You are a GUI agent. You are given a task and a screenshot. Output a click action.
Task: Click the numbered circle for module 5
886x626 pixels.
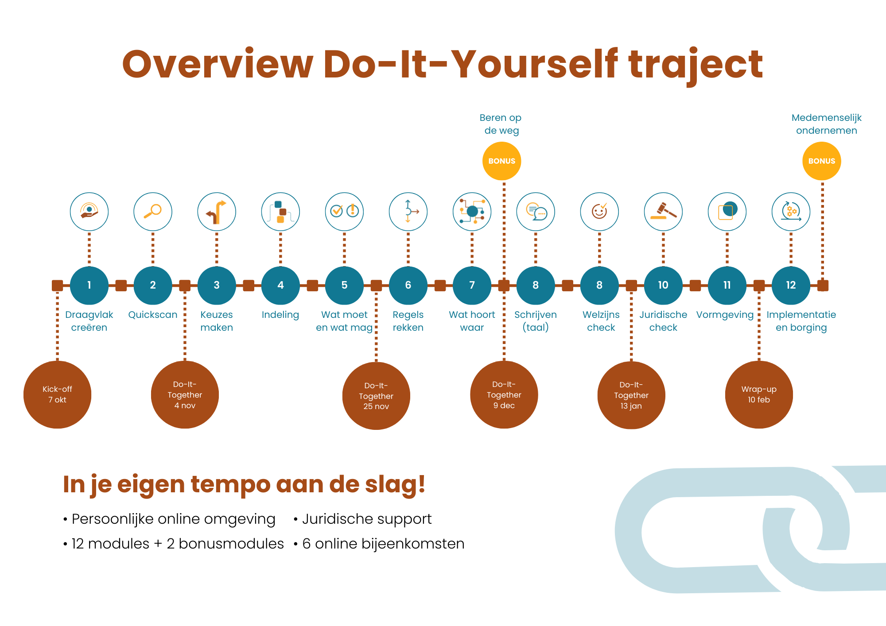[x=344, y=286]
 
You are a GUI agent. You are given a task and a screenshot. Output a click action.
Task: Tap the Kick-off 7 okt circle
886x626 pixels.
[x=57, y=394]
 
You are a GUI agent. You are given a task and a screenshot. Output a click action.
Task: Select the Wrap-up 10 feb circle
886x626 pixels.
[x=759, y=394]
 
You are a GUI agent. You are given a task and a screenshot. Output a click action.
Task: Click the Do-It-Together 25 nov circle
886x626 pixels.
[x=376, y=396]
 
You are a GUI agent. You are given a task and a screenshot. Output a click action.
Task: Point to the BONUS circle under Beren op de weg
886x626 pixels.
[x=502, y=161]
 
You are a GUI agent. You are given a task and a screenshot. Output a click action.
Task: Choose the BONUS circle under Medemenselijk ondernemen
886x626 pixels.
[x=822, y=161]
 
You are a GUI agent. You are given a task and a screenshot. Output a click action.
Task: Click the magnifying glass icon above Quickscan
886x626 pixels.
[x=153, y=212]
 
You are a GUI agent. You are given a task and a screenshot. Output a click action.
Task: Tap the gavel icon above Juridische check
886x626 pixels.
[x=663, y=212]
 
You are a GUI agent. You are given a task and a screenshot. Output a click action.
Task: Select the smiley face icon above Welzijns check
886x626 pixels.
[x=599, y=212]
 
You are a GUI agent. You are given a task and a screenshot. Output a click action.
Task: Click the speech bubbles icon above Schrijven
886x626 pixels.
[x=536, y=212]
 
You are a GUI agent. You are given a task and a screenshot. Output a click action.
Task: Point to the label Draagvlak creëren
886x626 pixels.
[x=89, y=321]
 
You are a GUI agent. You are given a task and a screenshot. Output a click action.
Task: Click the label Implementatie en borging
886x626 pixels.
[x=801, y=321]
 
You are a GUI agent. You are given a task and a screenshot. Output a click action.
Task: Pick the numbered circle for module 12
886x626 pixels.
[x=791, y=286]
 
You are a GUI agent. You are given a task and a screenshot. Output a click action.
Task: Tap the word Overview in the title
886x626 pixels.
[x=218, y=64]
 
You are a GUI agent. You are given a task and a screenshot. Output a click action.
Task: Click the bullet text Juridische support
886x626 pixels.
[x=367, y=519]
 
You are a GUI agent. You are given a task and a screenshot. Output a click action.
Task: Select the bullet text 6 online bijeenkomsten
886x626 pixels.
[x=383, y=544]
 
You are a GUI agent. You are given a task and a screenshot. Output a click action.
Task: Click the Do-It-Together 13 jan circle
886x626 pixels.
[x=631, y=395]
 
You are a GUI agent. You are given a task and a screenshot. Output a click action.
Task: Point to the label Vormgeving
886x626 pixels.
[x=725, y=315]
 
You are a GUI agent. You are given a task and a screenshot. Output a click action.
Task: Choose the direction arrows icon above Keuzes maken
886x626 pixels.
[x=217, y=212]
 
